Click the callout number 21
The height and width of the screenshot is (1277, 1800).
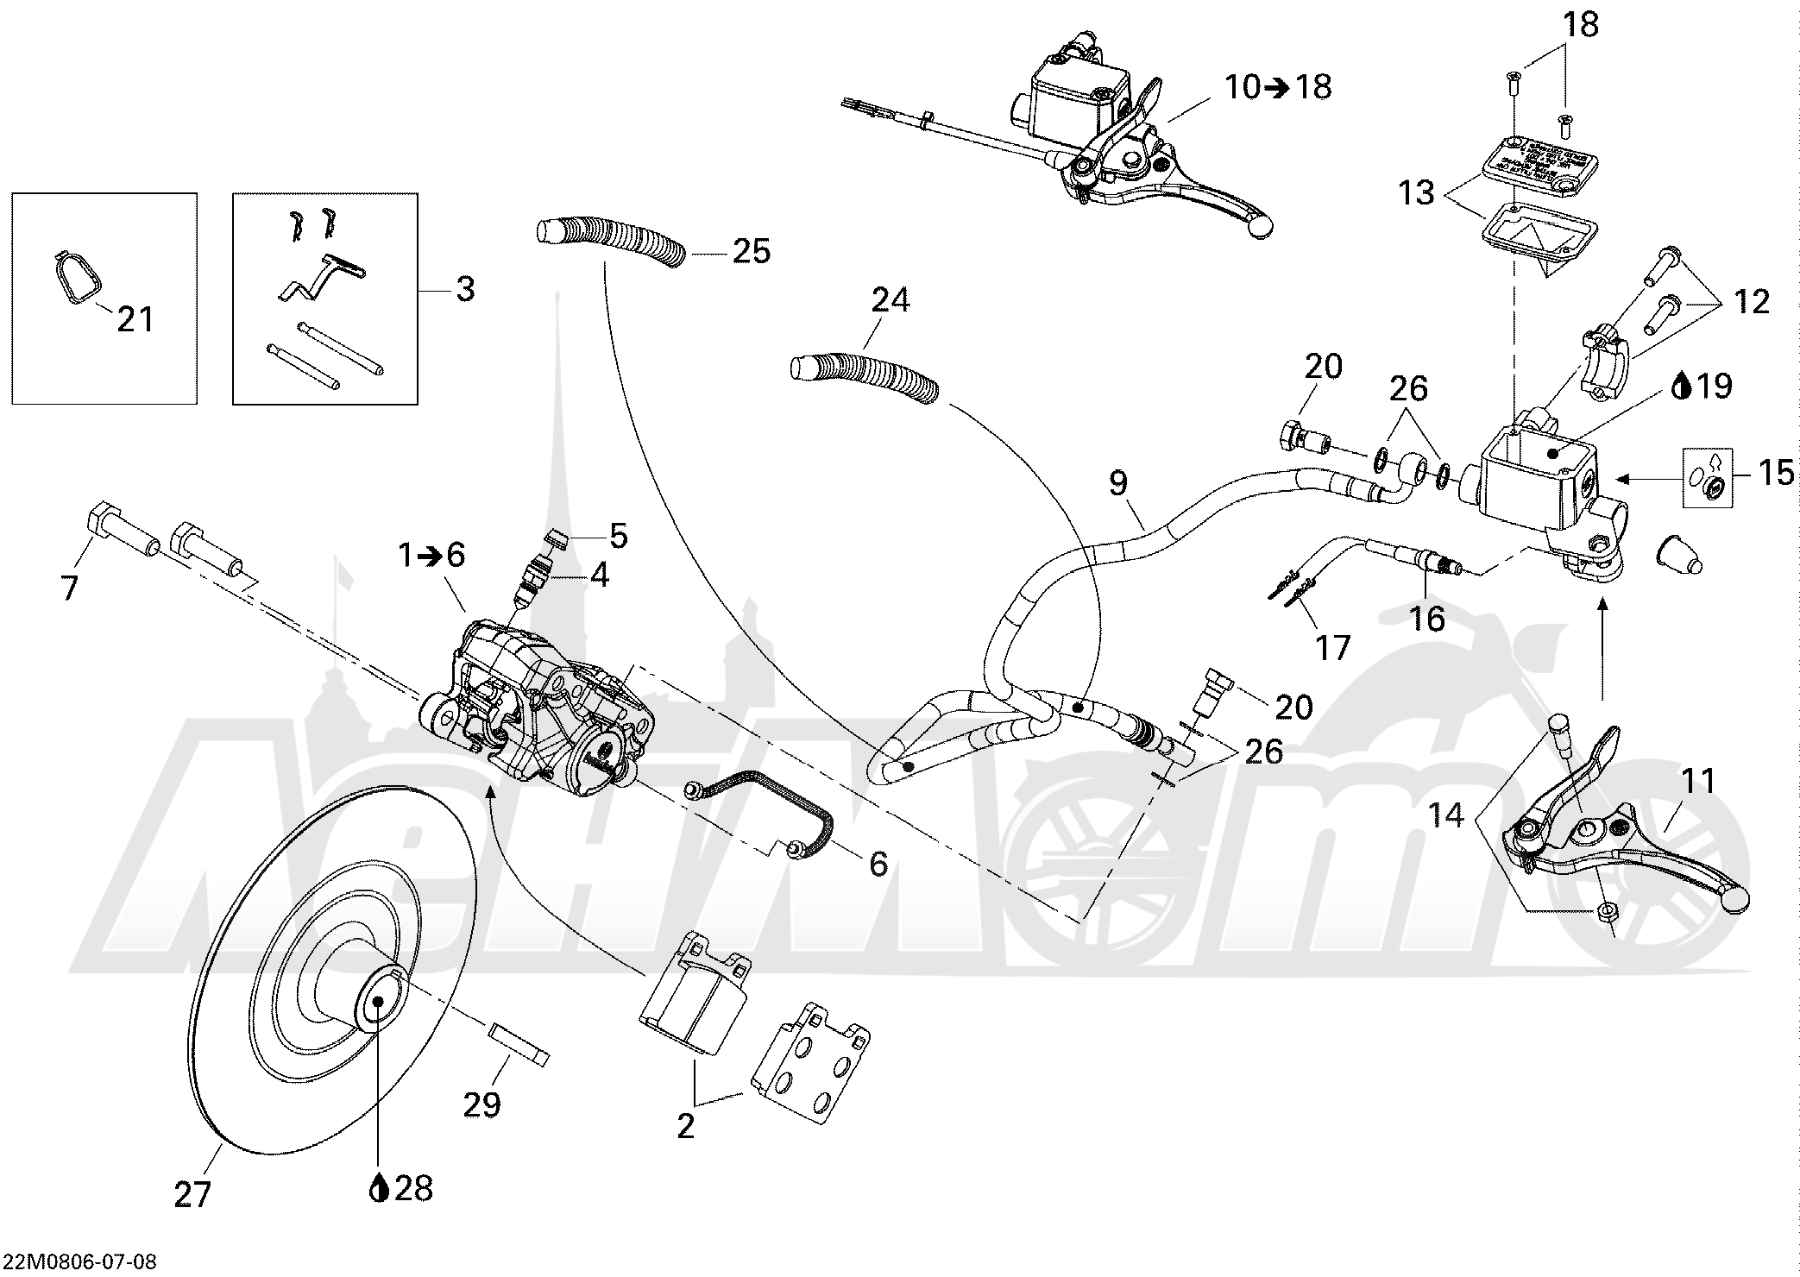point(135,319)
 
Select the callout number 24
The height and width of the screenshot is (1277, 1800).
point(891,300)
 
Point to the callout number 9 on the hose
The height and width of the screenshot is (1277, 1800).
point(1118,483)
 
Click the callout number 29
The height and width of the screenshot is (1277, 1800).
point(481,1104)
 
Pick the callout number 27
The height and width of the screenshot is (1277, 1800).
point(192,1195)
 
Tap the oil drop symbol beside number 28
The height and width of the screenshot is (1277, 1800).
point(377,1189)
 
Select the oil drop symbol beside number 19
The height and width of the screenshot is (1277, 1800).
point(1679,386)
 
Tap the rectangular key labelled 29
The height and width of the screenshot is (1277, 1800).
point(519,1043)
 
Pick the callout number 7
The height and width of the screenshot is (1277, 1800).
point(69,588)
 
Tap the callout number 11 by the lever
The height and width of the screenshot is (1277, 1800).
point(1698,782)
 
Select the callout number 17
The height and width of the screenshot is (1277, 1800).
point(1333,646)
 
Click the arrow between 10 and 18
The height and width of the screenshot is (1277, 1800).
point(1278,87)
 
